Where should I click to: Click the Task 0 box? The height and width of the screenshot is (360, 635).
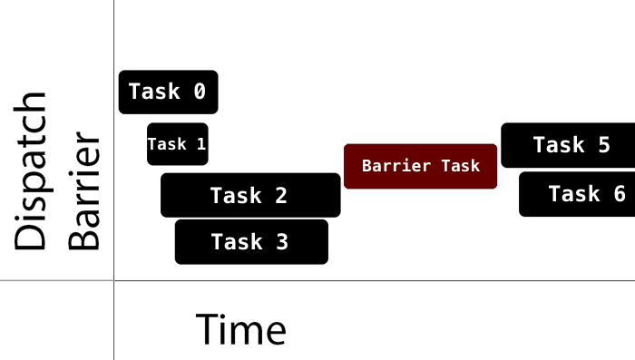(168, 92)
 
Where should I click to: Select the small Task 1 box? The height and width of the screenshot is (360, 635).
(178, 144)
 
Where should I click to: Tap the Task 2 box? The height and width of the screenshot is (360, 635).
(250, 195)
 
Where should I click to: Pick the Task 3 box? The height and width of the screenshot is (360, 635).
(251, 242)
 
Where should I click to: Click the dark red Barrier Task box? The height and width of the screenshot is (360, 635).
(420, 166)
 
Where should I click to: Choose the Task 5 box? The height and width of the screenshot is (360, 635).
(568, 145)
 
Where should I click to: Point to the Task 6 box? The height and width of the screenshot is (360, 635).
(577, 194)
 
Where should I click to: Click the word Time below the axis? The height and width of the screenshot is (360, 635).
(241, 330)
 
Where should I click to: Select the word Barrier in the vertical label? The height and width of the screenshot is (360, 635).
(86, 192)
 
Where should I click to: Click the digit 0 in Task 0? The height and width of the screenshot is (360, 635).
(200, 92)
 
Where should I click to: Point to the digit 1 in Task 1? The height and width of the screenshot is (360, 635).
(201, 144)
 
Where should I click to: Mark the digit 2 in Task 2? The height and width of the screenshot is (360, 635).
(280, 195)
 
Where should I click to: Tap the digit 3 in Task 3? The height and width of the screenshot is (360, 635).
(281, 242)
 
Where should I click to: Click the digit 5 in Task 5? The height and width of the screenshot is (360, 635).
(603, 145)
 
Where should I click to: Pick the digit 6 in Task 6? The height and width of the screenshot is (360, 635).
(619, 194)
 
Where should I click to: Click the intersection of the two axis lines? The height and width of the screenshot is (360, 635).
(114, 281)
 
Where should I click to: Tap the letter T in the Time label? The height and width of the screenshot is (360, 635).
(208, 330)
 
